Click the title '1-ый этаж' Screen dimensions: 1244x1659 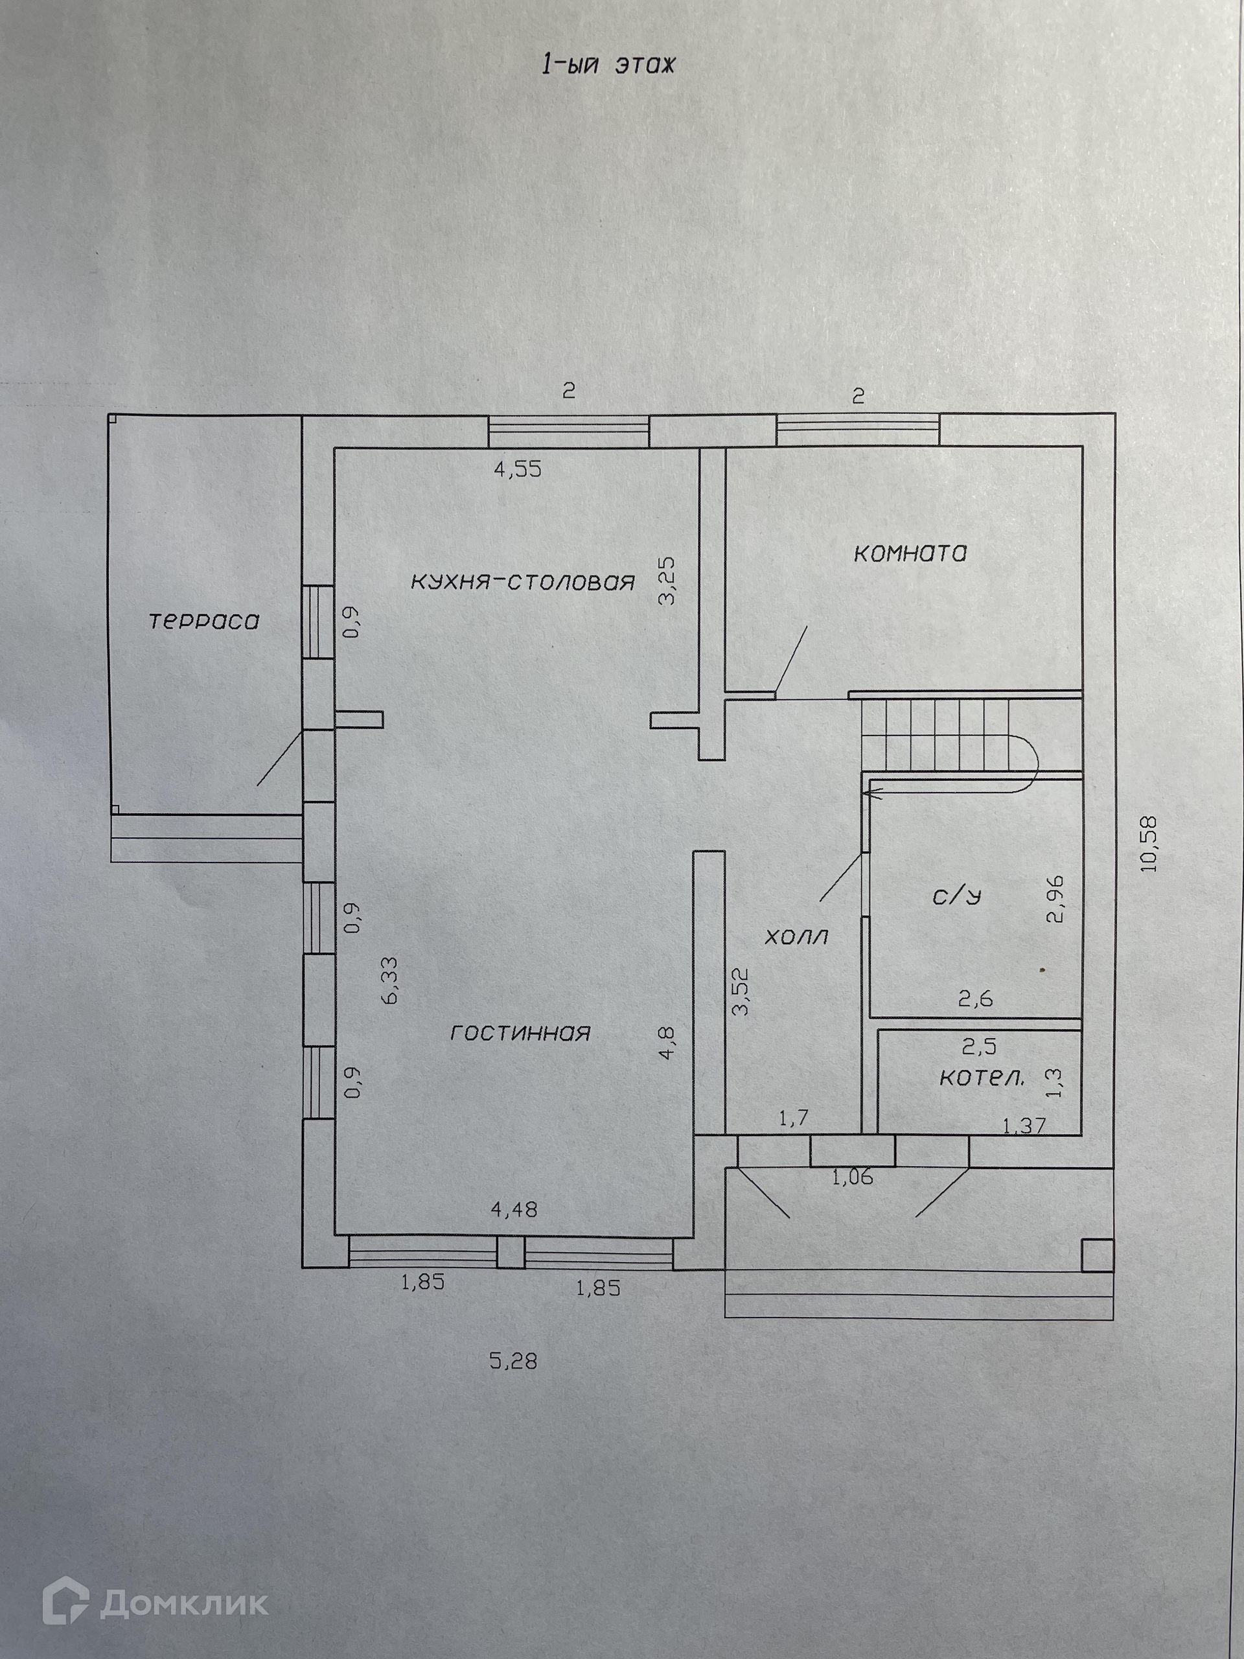click(x=608, y=65)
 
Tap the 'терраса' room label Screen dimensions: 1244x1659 click(x=204, y=621)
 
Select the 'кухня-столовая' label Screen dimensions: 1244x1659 click(x=523, y=581)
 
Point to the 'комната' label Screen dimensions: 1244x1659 click(x=910, y=553)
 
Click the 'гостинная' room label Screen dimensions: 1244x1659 click(x=520, y=1033)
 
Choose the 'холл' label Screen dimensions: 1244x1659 click(x=796, y=936)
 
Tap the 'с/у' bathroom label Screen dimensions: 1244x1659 click(x=958, y=896)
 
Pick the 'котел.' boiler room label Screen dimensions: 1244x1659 click(x=982, y=1078)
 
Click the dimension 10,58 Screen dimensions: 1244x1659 click(x=1149, y=843)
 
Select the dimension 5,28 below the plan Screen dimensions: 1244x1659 click(x=514, y=1360)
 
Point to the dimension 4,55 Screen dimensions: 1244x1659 click(x=518, y=470)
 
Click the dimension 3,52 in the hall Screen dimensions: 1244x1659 click(x=740, y=993)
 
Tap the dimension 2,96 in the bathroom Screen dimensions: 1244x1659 click(x=1057, y=899)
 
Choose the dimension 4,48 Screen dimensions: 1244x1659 click(x=514, y=1210)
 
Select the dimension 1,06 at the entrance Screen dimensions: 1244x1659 click(x=853, y=1177)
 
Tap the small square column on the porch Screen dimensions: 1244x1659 click(x=1097, y=1255)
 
